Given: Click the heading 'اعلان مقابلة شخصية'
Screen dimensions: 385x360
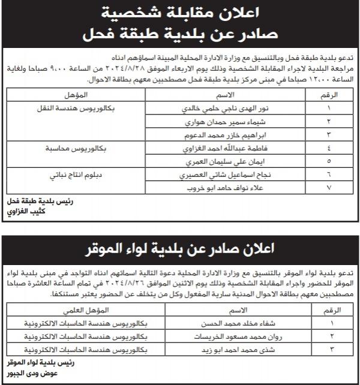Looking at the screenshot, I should [180, 12].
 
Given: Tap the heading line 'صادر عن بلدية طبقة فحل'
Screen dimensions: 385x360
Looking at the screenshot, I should [180, 34].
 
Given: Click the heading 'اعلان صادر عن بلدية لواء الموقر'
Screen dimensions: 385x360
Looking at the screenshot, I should [180, 247].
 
